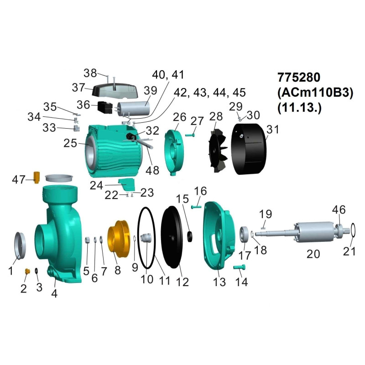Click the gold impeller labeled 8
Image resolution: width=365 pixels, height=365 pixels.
pos(118,239)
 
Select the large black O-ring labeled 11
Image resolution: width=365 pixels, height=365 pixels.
pos(138,237)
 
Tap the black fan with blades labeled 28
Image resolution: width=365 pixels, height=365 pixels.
pos(218,149)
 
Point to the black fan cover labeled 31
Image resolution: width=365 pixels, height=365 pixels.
pos(249,149)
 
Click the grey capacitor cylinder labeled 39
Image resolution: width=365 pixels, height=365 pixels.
pos(134,108)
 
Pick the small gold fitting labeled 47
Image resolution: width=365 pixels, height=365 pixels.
pos(37,177)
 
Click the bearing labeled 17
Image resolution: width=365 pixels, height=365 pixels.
pos(245,234)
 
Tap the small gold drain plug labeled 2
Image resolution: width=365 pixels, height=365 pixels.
pos(27,271)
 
